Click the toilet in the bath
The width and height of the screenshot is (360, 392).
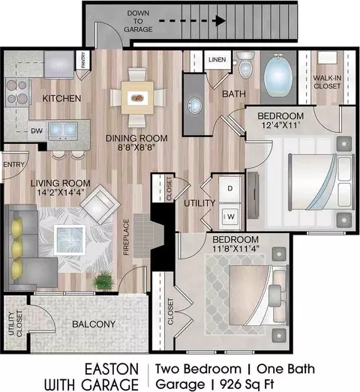point(246,64)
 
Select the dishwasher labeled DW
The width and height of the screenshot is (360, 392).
point(37,130)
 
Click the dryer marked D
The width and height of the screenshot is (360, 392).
point(230,188)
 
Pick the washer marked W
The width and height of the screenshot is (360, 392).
point(230,217)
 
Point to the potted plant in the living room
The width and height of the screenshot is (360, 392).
point(103,281)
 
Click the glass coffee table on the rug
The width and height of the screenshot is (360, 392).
point(70,240)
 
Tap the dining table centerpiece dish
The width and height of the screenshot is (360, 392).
point(137,97)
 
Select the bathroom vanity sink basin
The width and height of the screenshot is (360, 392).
point(194,105)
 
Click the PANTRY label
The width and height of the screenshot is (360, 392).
point(83,59)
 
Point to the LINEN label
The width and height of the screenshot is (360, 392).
point(217,59)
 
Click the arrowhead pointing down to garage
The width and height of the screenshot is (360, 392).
point(220,21)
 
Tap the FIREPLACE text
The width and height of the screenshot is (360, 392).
point(126,237)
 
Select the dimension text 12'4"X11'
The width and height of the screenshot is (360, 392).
point(280,125)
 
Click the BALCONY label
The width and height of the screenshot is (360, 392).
point(94,325)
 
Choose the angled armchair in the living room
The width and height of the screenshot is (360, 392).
point(100,205)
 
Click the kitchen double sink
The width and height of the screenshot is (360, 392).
point(63,130)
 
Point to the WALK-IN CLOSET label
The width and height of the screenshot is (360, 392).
point(327,82)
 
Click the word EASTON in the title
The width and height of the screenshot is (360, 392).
point(112,370)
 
